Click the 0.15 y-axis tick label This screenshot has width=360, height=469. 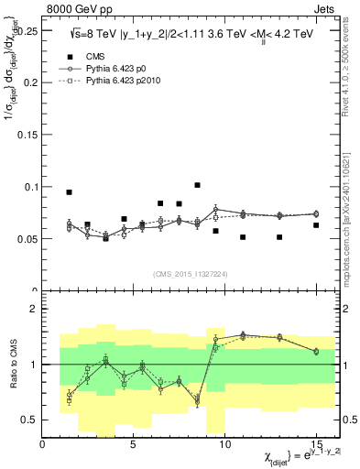[x=26, y=135]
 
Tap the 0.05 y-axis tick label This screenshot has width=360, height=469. [x=26, y=239]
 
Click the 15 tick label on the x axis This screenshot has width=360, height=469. [x=315, y=443]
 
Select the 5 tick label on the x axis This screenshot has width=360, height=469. [x=134, y=443]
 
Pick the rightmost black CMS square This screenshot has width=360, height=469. [x=315, y=225]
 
